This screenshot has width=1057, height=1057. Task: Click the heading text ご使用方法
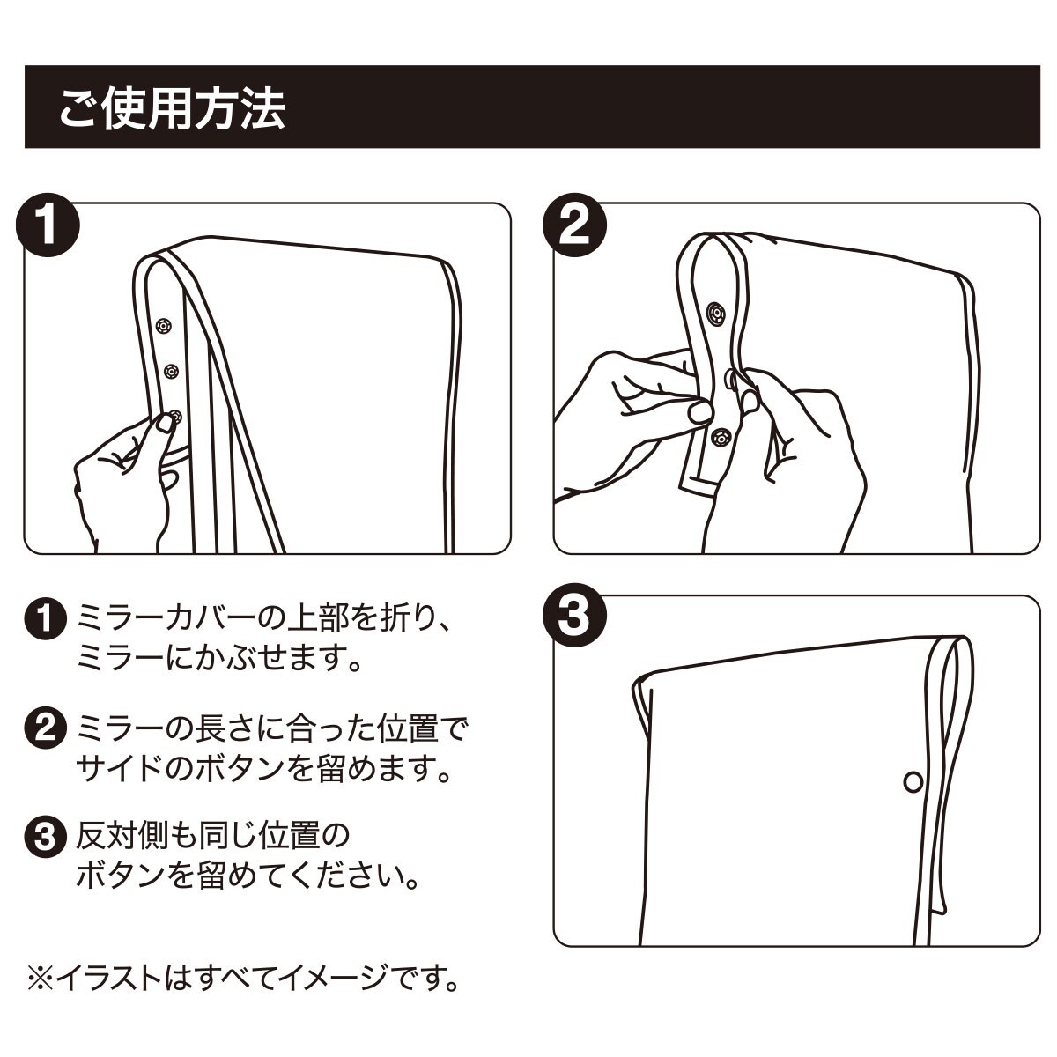coord(172,109)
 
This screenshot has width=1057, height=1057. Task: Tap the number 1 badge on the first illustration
coord(48,225)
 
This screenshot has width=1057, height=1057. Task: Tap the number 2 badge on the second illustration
coord(575,225)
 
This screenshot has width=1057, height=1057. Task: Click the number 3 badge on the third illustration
coord(575,616)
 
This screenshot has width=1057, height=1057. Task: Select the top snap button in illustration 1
coord(162,326)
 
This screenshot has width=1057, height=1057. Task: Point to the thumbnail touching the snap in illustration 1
coord(165,423)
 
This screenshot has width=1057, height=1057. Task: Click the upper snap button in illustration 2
coord(716,314)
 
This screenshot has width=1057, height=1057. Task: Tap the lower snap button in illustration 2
coord(720,438)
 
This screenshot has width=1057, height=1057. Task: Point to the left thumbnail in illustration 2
coord(699,412)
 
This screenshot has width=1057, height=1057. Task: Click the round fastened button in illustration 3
coord(913,781)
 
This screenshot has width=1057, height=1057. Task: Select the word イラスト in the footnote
coord(107,979)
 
